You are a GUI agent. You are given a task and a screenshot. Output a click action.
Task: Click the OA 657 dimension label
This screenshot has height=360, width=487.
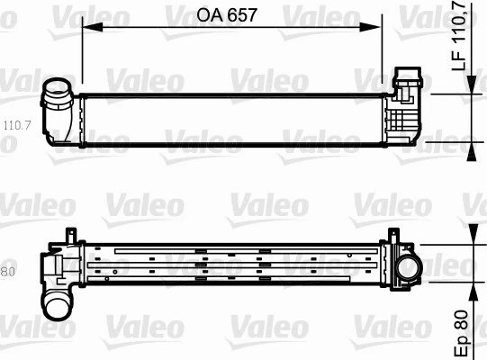click(230, 15)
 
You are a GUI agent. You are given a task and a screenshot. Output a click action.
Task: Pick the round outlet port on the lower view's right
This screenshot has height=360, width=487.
click(409, 267)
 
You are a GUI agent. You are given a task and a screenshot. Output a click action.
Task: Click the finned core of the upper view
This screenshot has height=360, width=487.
click(234, 117)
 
